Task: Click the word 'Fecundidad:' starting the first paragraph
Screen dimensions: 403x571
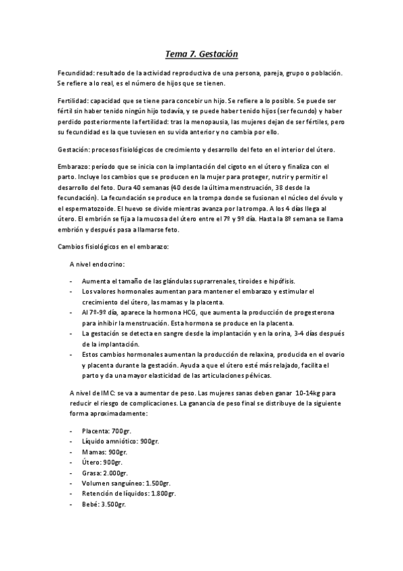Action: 75,73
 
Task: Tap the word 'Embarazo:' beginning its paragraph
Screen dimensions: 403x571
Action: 73,166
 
